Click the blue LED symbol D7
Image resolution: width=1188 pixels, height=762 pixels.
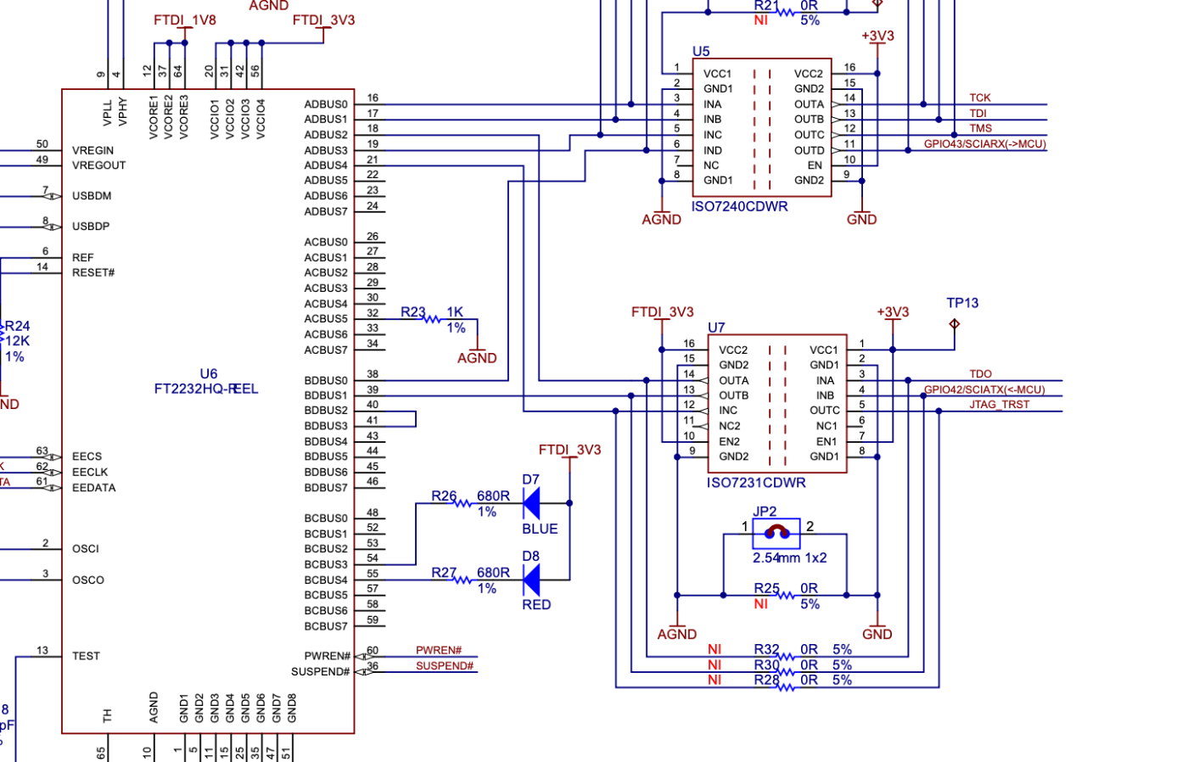(x=532, y=502)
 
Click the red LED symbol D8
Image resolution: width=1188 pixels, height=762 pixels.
(x=532, y=580)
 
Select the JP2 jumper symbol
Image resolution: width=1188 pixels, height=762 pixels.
(x=776, y=533)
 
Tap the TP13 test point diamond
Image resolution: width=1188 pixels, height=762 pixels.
(x=954, y=323)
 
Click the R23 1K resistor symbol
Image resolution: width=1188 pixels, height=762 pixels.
(x=432, y=319)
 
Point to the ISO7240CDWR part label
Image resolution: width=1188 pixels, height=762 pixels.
(x=739, y=206)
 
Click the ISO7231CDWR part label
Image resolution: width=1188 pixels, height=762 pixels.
(x=756, y=483)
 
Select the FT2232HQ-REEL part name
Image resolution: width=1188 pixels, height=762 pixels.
(x=205, y=389)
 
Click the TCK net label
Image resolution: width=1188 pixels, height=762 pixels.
(x=979, y=98)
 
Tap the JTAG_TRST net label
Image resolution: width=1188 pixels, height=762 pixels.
(x=1000, y=405)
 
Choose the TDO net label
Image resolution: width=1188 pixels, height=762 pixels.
(x=980, y=374)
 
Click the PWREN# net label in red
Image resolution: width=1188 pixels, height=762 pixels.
(x=439, y=650)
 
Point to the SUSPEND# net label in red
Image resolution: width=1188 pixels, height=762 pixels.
(x=445, y=665)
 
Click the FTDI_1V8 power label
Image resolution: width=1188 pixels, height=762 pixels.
(x=185, y=20)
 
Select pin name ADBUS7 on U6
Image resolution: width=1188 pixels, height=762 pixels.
(x=326, y=211)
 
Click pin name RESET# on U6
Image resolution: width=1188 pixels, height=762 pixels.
(x=93, y=272)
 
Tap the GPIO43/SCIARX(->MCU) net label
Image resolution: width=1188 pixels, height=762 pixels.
(x=985, y=143)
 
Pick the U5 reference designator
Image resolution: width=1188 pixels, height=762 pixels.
(x=701, y=52)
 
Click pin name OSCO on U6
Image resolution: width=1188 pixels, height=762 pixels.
(x=88, y=580)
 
